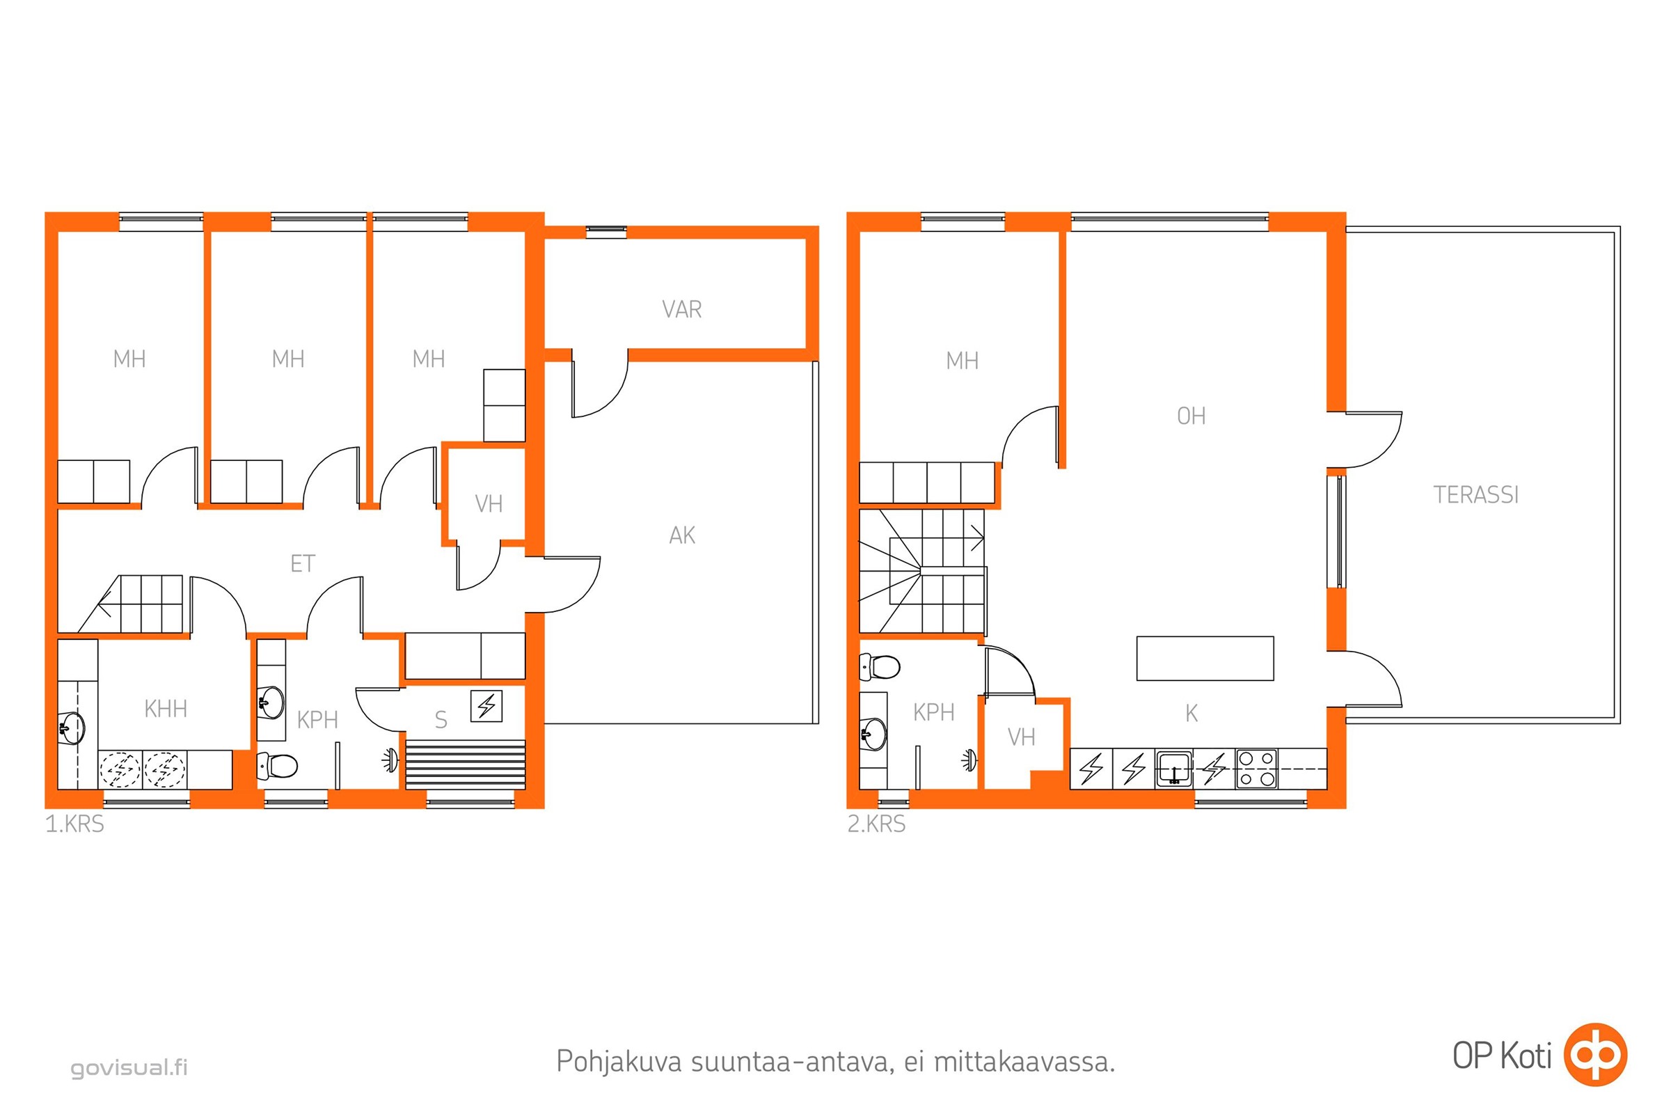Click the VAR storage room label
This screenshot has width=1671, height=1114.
coord(681,310)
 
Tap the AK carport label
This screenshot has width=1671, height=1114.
coord(682,535)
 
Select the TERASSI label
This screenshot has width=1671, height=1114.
coord(1475,495)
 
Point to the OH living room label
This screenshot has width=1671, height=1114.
coord(1191,416)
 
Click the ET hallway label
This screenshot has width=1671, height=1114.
coord(303,564)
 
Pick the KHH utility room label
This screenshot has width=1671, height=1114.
coord(166,709)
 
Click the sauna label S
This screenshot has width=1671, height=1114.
coord(441,721)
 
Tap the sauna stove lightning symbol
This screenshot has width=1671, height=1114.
coord(486,706)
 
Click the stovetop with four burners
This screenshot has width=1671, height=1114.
coord(1256,769)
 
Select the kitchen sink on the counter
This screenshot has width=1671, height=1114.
coord(1174,769)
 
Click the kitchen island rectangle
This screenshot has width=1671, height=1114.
coord(1205,659)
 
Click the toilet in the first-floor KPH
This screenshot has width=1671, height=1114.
coord(277,766)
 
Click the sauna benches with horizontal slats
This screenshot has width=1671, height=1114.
coord(465,764)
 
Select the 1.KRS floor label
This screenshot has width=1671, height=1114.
coord(74,824)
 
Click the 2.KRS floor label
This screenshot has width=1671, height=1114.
coord(876,824)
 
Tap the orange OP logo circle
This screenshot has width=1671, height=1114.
coord(1597,1055)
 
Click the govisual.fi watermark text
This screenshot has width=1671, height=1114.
coord(129,1068)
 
